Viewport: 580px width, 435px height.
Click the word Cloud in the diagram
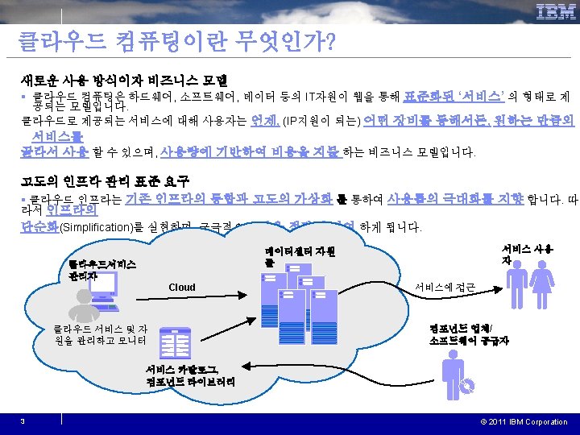click(182, 287)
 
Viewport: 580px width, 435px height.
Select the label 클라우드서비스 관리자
click(102, 269)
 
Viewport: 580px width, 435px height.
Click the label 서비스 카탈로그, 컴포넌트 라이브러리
click(191, 375)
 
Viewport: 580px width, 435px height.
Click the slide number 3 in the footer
click(23, 422)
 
